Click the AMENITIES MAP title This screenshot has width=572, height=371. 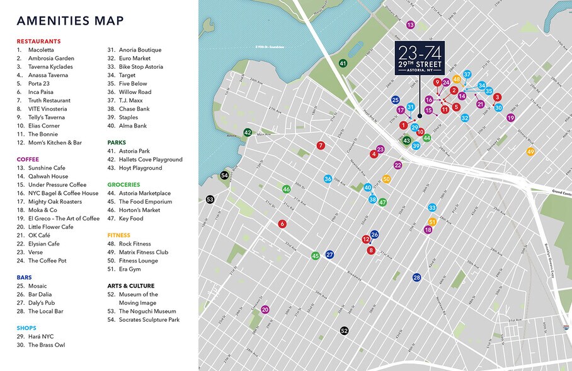click(70, 21)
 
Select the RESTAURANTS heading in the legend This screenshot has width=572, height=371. click(38, 41)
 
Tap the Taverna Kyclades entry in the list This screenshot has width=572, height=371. click(50, 67)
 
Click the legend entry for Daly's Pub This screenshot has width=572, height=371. click(45, 303)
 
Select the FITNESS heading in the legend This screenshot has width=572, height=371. click(119, 235)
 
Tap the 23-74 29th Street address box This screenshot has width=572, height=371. click(420, 58)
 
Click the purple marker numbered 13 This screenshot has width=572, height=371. click(410, 25)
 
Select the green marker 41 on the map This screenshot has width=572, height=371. click(343, 63)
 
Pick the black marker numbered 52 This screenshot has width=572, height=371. click(344, 331)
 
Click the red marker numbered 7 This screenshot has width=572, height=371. click(321, 146)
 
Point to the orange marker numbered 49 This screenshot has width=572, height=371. click(530, 151)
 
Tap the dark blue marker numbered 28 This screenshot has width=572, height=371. click(416, 278)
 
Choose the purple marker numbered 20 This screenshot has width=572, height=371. click(265, 310)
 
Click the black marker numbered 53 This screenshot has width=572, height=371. click(210, 199)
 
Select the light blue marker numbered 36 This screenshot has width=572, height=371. click(328, 179)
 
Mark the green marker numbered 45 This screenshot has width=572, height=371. click(315, 256)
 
